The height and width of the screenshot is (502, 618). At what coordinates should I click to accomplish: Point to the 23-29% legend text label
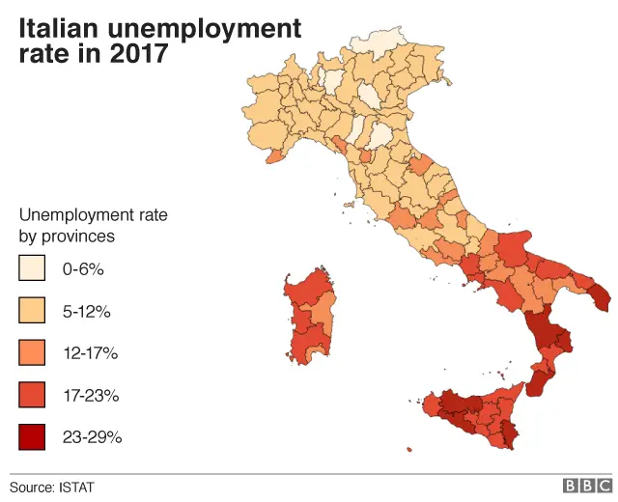tap(92, 437)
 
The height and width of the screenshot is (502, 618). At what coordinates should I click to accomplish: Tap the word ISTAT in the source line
tap(77, 486)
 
